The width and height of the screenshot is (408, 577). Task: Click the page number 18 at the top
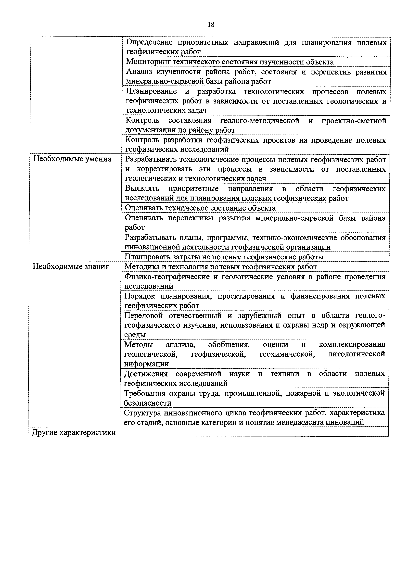click(x=211, y=25)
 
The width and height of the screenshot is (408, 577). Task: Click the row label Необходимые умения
click(x=72, y=159)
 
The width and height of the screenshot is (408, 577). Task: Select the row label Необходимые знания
click(x=71, y=266)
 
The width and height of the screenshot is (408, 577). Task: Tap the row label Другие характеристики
click(x=74, y=432)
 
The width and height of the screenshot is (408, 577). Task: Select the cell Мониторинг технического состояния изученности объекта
click(x=230, y=62)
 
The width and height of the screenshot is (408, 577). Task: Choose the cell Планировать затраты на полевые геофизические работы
click(x=224, y=257)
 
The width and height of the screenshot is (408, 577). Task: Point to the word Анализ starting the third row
click(x=139, y=72)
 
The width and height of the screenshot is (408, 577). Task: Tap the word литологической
click(x=357, y=354)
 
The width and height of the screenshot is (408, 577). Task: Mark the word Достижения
click(x=146, y=374)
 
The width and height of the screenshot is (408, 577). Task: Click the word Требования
click(x=145, y=393)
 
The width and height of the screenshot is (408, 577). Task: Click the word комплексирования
click(x=352, y=344)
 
